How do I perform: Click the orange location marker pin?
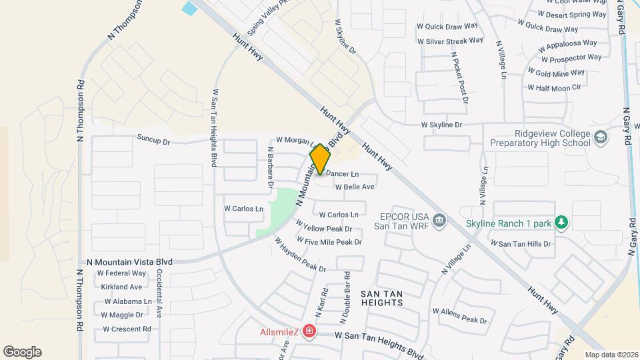[320, 159]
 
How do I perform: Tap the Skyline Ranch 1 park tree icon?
[561, 223]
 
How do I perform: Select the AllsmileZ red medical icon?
[309, 331]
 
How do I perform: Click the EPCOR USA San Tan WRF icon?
[439, 220]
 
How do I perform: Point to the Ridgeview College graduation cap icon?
[601, 137]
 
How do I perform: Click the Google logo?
[22, 352]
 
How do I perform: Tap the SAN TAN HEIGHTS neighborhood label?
[381, 297]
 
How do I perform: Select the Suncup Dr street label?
[153, 141]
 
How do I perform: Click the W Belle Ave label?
[355, 187]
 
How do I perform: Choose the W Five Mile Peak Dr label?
[329, 241]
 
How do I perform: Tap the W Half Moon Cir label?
[554, 87]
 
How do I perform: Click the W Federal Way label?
[121, 273]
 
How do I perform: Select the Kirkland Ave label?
[121, 287]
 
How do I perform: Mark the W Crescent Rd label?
[127, 329]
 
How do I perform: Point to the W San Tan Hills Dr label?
[521, 244]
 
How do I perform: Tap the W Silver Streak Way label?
[450, 41]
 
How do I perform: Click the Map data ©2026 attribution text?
[611, 355]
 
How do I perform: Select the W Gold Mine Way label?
[555, 73]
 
